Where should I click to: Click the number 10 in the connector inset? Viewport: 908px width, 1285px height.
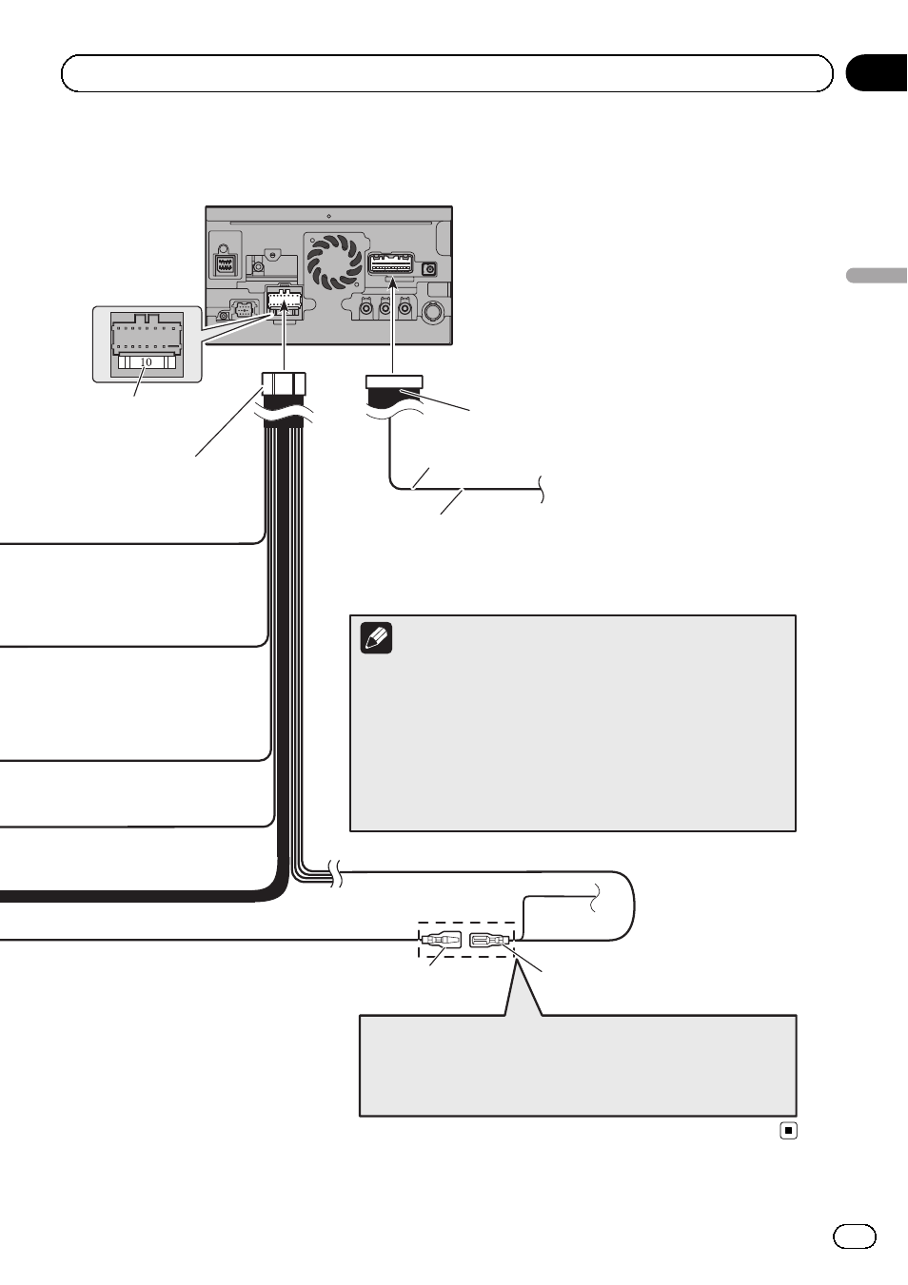pos(146,362)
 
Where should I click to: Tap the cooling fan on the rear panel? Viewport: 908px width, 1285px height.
pos(335,263)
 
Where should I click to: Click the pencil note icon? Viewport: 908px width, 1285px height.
pos(377,638)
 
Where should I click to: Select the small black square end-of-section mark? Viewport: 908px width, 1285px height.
pos(789,1131)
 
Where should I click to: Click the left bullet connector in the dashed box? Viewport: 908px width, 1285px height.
pos(441,941)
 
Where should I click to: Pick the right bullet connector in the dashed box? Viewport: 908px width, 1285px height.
pos(490,941)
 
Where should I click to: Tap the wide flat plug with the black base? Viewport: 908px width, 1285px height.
pos(394,391)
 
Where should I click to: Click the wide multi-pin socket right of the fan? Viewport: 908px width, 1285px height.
pos(391,263)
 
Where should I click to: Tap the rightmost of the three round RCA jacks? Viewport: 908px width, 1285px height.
pos(405,308)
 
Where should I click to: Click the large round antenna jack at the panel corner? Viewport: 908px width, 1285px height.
pos(434,312)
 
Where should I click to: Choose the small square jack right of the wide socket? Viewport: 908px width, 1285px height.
pos(429,269)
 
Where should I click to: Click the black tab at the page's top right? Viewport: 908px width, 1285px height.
pos(876,73)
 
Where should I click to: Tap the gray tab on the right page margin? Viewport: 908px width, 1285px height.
pos(877,275)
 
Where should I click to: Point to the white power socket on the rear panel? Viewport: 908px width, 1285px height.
pos(284,302)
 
